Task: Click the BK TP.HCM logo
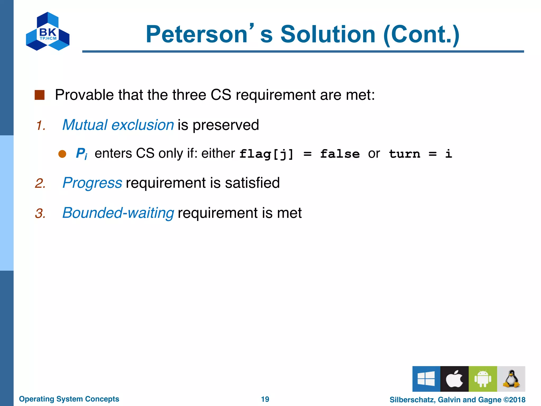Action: point(48,31)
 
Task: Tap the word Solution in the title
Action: point(328,35)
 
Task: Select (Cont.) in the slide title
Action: point(421,35)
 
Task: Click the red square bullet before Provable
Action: point(40,95)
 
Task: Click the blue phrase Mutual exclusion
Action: point(118,125)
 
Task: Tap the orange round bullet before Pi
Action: point(62,154)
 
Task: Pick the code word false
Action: point(340,154)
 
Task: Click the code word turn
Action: point(404,154)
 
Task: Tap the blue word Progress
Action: point(92,183)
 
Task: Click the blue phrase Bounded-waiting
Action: point(118,213)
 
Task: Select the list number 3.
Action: point(40,213)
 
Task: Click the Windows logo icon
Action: point(426,379)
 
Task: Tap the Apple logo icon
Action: point(454,379)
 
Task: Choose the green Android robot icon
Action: point(483,379)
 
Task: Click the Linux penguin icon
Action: point(511,379)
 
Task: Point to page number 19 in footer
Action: point(265,399)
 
